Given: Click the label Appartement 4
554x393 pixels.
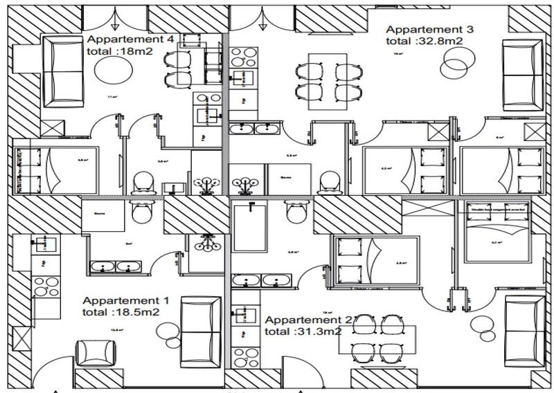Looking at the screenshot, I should coord(130,39).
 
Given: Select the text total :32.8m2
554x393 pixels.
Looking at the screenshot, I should coord(424,42).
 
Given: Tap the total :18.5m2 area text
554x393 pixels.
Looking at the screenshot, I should coord(122,312).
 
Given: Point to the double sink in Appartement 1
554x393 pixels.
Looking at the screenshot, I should coord(115,266).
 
